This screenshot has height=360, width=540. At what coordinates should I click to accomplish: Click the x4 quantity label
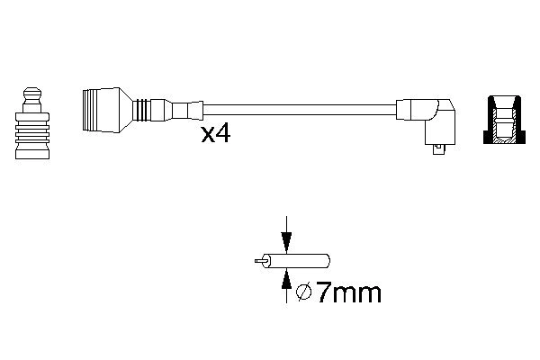[x=216, y=134]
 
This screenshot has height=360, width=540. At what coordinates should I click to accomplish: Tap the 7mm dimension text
[x=348, y=292]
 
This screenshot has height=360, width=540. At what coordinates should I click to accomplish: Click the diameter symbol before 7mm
[x=304, y=292]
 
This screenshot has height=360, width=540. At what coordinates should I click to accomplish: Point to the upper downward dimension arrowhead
[x=286, y=243]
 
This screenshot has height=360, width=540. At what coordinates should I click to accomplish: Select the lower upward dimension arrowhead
[x=286, y=278]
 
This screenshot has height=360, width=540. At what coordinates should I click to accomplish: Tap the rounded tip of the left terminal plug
[x=32, y=93]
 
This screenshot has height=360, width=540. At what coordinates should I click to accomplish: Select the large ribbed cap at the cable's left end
[x=101, y=110]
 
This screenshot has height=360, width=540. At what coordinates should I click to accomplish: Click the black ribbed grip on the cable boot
[x=142, y=110]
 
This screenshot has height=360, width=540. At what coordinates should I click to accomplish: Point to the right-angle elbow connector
[x=440, y=121]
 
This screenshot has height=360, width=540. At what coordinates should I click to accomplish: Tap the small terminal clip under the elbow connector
[x=438, y=149]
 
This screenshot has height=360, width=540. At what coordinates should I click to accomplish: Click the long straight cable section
[x=299, y=110]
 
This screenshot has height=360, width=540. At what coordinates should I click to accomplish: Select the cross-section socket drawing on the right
[x=505, y=119]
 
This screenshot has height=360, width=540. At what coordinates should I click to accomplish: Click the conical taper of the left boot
[x=126, y=110]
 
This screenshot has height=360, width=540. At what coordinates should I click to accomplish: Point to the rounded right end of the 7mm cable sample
[x=327, y=261]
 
